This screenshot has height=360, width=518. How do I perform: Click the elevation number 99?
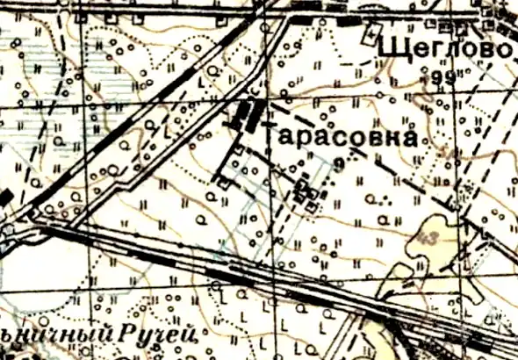[x=446, y=79]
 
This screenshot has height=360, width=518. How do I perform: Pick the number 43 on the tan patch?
[x=428, y=239]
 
